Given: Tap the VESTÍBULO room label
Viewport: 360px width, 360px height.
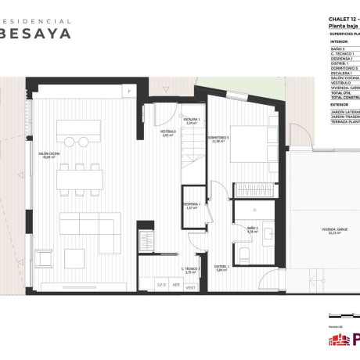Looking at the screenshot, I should [x=167, y=133].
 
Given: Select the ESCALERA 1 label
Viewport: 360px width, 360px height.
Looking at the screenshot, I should [x=192, y=121].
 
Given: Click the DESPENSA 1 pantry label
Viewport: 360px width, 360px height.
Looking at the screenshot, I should [x=192, y=206].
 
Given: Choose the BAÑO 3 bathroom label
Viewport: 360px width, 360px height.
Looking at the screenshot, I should [x=252, y=229].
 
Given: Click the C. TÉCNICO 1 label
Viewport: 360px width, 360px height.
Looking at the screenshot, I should [x=191, y=270].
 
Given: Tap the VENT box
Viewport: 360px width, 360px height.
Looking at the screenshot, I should [x=190, y=286].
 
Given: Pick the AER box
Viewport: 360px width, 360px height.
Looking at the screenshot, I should [x=176, y=286].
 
